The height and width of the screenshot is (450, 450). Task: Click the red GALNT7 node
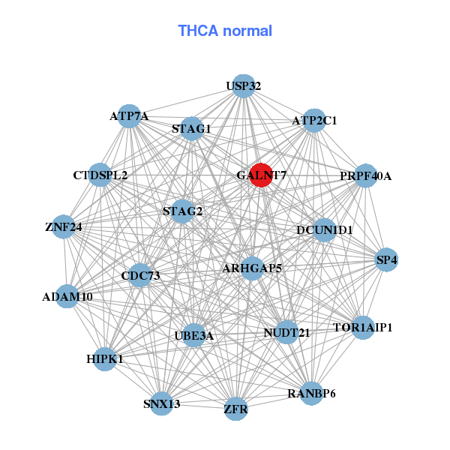(261, 175)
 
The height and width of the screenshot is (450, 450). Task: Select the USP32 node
(242, 85)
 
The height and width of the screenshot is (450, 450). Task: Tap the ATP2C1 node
(313, 120)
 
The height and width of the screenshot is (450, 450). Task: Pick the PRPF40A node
(365, 176)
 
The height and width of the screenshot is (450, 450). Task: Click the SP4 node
(387, 259)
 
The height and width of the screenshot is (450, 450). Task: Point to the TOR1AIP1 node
(363, 328)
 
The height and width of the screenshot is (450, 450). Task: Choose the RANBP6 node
(312, 393)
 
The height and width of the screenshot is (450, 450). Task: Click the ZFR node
(235, 409)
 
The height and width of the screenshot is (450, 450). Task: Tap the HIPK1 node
(105, 359)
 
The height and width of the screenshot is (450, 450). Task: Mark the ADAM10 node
(67, 296)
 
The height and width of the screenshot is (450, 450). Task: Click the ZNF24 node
(64, 226)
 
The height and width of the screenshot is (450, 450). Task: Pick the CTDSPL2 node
(100, 175)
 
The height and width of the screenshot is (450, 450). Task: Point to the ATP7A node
(129, 116)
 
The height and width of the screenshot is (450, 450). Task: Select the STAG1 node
(192, 128)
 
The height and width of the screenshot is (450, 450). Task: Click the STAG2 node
(183, 211)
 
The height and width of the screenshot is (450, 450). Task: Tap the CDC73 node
(140, 275)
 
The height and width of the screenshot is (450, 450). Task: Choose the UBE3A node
(194, 335)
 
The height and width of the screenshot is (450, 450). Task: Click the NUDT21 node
(286, 332)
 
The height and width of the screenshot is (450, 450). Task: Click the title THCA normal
(225, 31)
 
